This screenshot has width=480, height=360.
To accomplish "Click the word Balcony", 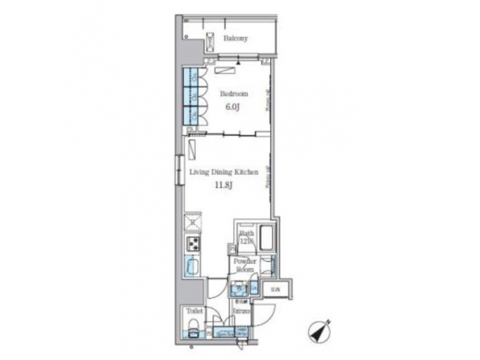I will click(235, 38).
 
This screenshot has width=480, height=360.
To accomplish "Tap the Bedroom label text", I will click(233, 94).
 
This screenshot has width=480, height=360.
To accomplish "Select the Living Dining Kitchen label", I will click(223, 172).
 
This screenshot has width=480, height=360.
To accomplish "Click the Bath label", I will click(247, 235).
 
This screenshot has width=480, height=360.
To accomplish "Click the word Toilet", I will click(194, 311).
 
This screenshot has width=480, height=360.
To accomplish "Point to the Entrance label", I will click(242, 311).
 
